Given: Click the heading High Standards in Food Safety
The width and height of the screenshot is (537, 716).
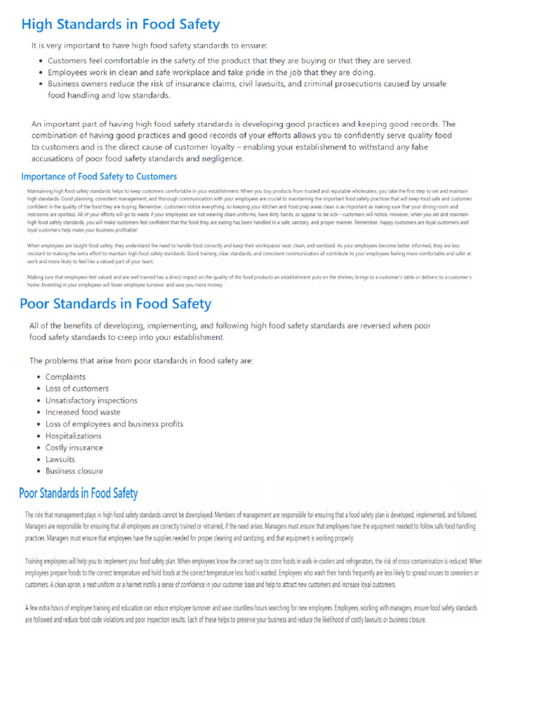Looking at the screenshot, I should [120, 25].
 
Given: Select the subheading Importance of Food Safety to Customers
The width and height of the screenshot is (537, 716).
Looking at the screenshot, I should [99, 177].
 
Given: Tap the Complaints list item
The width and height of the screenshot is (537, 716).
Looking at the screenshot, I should [66, 377].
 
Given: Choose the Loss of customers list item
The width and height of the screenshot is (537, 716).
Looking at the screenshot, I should [77, 389].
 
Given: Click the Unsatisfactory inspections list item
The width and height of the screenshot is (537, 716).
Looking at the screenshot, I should [91, 401].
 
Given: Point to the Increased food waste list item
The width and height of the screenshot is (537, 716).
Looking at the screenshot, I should [83, 413].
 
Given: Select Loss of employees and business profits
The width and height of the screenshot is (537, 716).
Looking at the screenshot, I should [114, 424].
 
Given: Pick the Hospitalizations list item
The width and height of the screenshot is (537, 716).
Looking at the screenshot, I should [73, 436].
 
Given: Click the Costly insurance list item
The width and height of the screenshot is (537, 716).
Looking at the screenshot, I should [74, 447].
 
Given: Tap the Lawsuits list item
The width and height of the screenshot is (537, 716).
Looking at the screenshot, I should [60, 459].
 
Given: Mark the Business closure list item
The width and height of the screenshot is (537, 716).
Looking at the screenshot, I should [74, 471].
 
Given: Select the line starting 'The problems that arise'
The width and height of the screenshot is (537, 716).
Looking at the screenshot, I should [141, 361].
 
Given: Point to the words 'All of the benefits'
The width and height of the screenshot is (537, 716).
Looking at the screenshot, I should [66, 326].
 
